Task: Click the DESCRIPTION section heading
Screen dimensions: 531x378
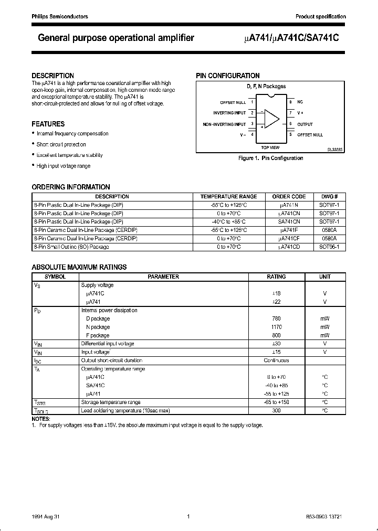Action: pyautogui.click(x=52, y=76)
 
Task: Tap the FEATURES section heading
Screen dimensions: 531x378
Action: pyautogui.click(x=48, y=124)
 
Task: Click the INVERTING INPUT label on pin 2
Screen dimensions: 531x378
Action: pyautogui.click(x=229, y=113)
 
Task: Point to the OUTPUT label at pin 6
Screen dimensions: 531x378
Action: pyautogui.click(x=305, y=124)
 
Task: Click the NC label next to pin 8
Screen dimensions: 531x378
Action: pyautogui.click(x=300, y=102)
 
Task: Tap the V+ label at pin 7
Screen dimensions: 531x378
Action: pyautogui.click(x=301, y=113)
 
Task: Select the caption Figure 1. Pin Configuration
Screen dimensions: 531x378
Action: pyautogui.click(x=270, y=158)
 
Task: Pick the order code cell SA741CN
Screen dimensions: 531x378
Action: pyautogui.click(x=289, y=221)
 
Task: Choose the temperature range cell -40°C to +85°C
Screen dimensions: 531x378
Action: pyautogui.click(x=228, y=221)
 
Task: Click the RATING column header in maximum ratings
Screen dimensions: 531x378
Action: pyautogui.click(x=276, y=277)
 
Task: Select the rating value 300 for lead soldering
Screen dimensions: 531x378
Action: pyautogui.click(x=276, y=411)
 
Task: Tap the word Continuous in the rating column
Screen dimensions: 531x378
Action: pyautogui.click(x=276, y=360)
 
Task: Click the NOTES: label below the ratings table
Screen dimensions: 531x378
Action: pyautogui.click(x=41, y=419)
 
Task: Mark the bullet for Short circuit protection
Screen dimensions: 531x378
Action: pyautogui.click(x=33, y=144)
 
